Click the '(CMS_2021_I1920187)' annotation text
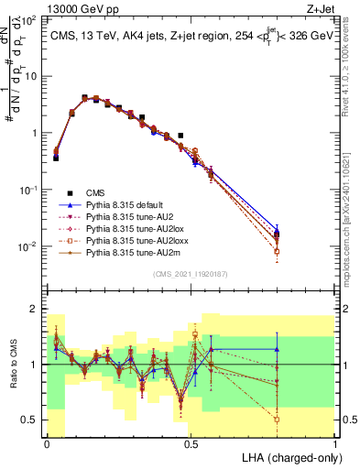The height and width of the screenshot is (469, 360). [x=191, y=274]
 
